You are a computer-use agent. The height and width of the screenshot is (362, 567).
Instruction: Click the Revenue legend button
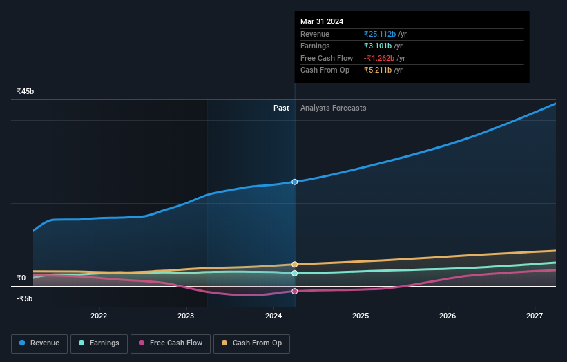pos(39,343)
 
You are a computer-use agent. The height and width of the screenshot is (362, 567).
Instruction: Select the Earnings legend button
pos(99,343)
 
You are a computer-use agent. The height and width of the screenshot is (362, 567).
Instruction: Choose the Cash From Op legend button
pos(251,343)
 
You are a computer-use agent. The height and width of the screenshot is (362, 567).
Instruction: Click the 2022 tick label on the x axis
pos(99,316)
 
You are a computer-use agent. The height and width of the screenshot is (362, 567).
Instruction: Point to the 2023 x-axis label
pos(186,316)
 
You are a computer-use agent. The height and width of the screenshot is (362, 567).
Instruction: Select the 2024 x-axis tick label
pos(273,316)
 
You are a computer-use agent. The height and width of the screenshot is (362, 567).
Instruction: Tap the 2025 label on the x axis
pos(361,316)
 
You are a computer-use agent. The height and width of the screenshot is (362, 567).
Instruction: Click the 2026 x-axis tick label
pos(448,316)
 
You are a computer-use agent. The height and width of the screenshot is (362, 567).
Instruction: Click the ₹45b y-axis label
pos(26,91)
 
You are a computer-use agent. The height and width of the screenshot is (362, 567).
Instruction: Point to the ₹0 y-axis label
pos(21,278)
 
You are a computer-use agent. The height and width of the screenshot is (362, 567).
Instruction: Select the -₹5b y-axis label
pos(25,299)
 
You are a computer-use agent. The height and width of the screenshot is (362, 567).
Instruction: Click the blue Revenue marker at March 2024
pos(295,182)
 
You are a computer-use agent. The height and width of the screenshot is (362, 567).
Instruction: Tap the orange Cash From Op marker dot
pos(295,265)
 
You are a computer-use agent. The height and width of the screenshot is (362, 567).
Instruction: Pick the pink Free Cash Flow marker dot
pos(295,291)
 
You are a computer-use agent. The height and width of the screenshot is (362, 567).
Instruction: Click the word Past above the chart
pos(281,108)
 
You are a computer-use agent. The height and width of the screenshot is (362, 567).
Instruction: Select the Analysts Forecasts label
pos(333,108)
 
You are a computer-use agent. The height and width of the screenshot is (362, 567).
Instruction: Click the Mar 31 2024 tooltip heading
pos(322,21)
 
